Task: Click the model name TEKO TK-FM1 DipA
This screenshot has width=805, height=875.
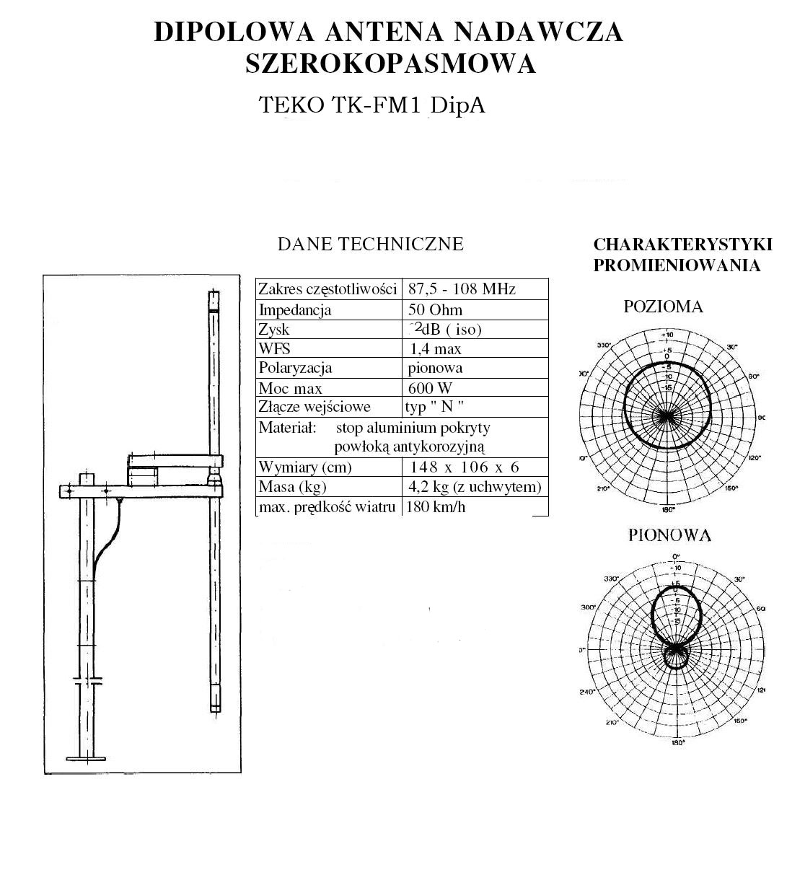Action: (371, 105)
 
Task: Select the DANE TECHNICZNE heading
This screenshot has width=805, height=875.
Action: (370, 244)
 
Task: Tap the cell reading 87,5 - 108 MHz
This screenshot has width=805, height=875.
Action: (462, 289)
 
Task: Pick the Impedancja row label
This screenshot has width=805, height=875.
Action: (295, 310)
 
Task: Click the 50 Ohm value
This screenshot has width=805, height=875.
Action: (435, 310)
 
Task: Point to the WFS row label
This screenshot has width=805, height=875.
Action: (274, 349)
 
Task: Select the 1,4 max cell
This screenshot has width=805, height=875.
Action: (436, 349)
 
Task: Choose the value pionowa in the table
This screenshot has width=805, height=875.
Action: (435, 368)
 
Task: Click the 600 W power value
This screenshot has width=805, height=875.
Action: (430, 388)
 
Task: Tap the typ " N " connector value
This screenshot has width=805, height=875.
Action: (434, 407)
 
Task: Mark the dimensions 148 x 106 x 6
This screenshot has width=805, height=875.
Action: (465, 467)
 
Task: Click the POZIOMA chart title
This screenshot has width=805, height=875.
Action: (663, 307)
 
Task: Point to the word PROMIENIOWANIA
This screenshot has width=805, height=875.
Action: (677, 265)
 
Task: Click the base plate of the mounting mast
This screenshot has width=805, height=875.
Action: (86, 757)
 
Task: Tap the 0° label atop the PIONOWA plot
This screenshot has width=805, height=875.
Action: (676, 556)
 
